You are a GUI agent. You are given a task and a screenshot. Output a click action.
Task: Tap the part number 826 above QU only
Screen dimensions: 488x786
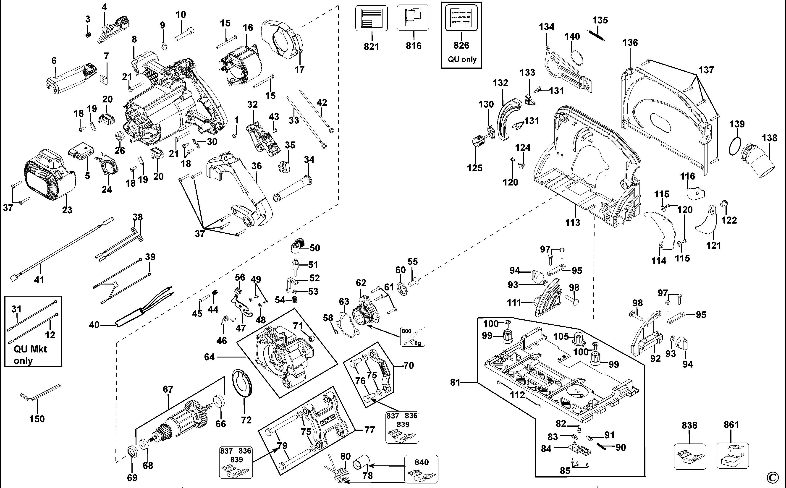point(461,45)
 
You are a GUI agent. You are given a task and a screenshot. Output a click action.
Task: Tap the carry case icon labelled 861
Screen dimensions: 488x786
point(732,456)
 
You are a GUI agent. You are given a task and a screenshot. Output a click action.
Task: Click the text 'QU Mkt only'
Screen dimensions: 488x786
point(30,354)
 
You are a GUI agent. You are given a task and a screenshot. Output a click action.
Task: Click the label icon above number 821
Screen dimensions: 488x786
point(371,18)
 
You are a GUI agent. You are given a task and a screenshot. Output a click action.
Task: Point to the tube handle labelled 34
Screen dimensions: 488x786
point(292,189)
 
